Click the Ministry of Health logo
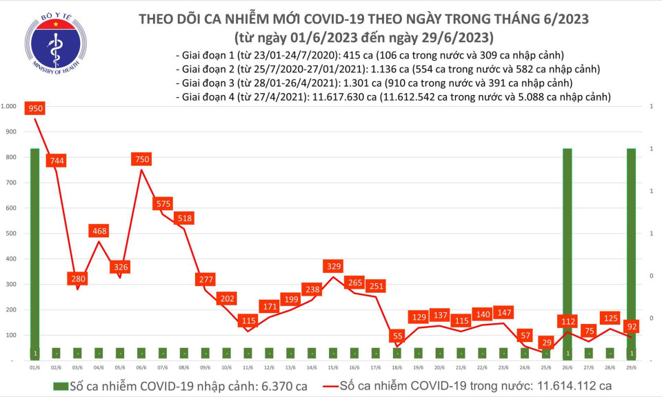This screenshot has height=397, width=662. click(x=56, y=43)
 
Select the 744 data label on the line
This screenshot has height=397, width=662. click(x=57, y=161)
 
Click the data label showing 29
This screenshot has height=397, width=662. click(x=545, y=343)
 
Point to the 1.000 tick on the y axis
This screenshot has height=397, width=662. click(x=9, y=106)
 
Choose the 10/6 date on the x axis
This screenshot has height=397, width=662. click(x=226, y=368)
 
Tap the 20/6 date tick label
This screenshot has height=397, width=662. click(x=439, y=368)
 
